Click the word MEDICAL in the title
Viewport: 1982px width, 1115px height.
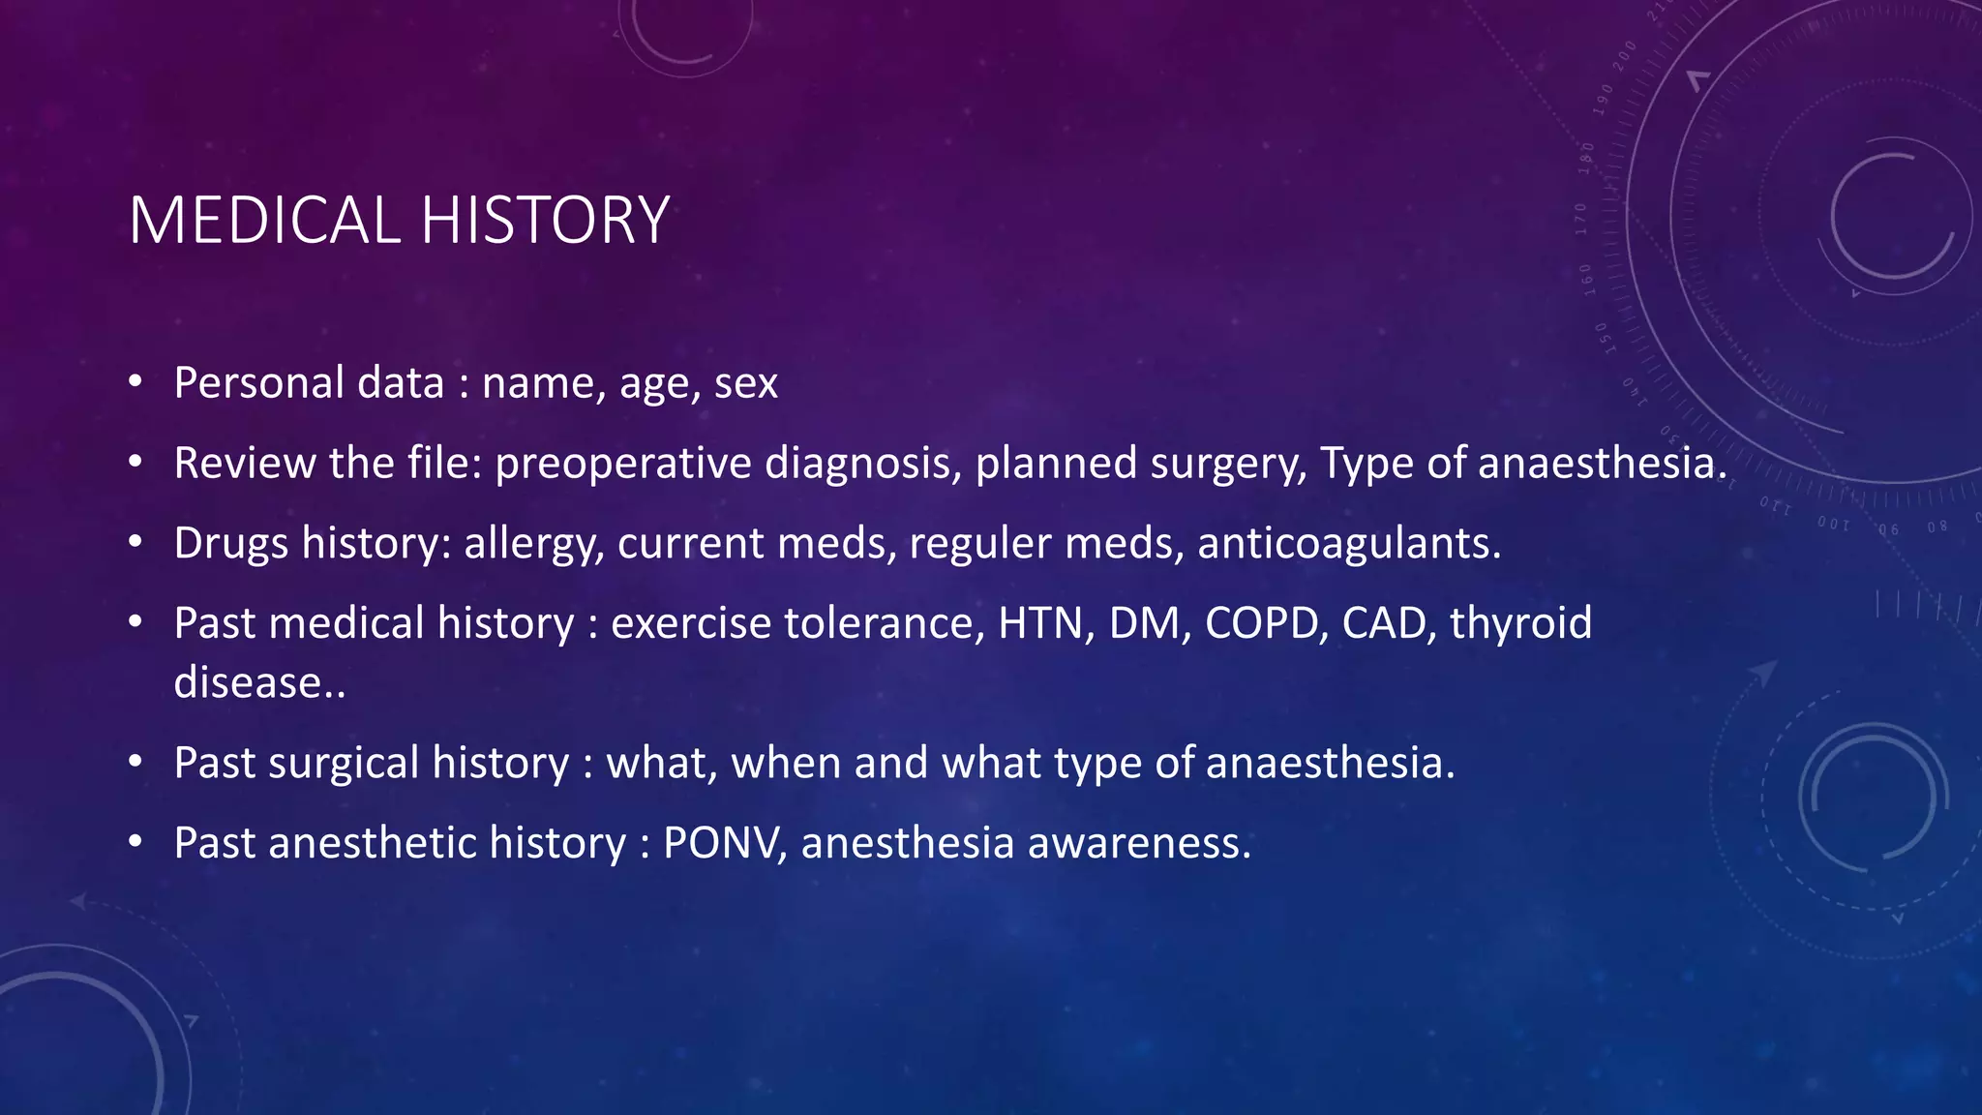coord(264,221)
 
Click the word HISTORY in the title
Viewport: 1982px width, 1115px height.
coord(545,221)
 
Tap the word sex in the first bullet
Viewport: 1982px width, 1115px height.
coord(746,383)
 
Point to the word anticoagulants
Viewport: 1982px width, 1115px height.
coord(1348,544)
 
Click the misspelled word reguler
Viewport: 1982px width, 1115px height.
coord(980,544)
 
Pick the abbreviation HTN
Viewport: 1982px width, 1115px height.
coord(1045,623)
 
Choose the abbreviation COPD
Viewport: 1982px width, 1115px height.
coord(1262,623)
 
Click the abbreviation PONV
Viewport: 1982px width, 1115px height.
coord(722,843)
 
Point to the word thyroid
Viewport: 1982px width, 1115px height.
coord(1520,623)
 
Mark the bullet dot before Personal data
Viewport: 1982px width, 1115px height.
coord(135,381)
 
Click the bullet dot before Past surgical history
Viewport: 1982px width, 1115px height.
coord(135,762)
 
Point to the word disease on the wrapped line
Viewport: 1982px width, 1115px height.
coord(248,683)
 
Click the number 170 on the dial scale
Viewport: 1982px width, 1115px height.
coord(1581,220)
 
